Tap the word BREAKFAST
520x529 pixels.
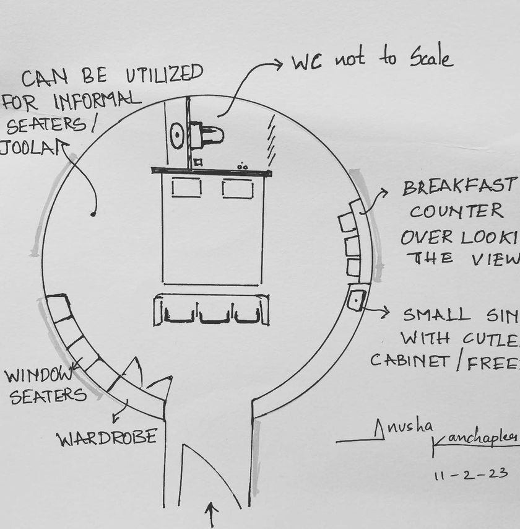coord(459,186)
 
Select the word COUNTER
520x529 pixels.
coord(457,211)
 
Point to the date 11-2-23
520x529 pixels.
coord(471,474)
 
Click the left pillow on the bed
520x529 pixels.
coord(186,187)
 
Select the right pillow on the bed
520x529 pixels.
coord(237,188)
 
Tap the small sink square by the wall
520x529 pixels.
coord(357,300)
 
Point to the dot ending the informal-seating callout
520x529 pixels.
coord(93,214)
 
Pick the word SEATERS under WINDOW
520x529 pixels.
coord(48,396)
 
